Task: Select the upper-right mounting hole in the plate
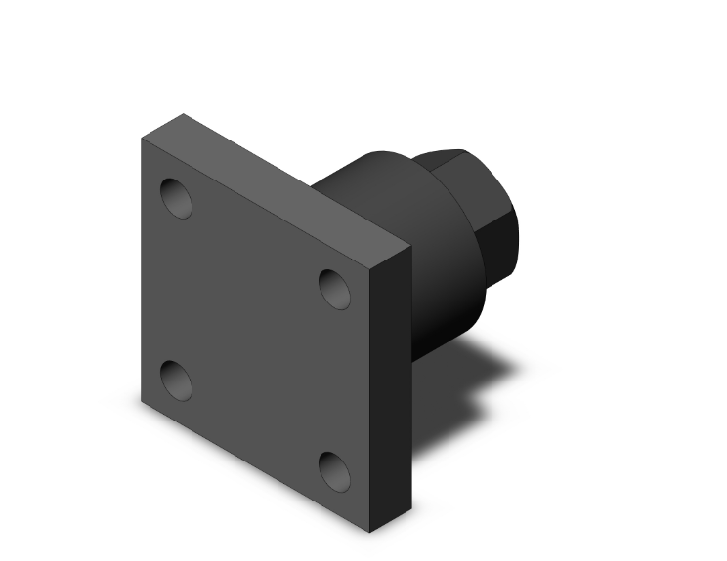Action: [x=335, y=289]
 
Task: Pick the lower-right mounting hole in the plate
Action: [x=335, y=470]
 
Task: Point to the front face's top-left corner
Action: [x=142, y=138]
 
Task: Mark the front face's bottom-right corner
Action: [x=369, y=533]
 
